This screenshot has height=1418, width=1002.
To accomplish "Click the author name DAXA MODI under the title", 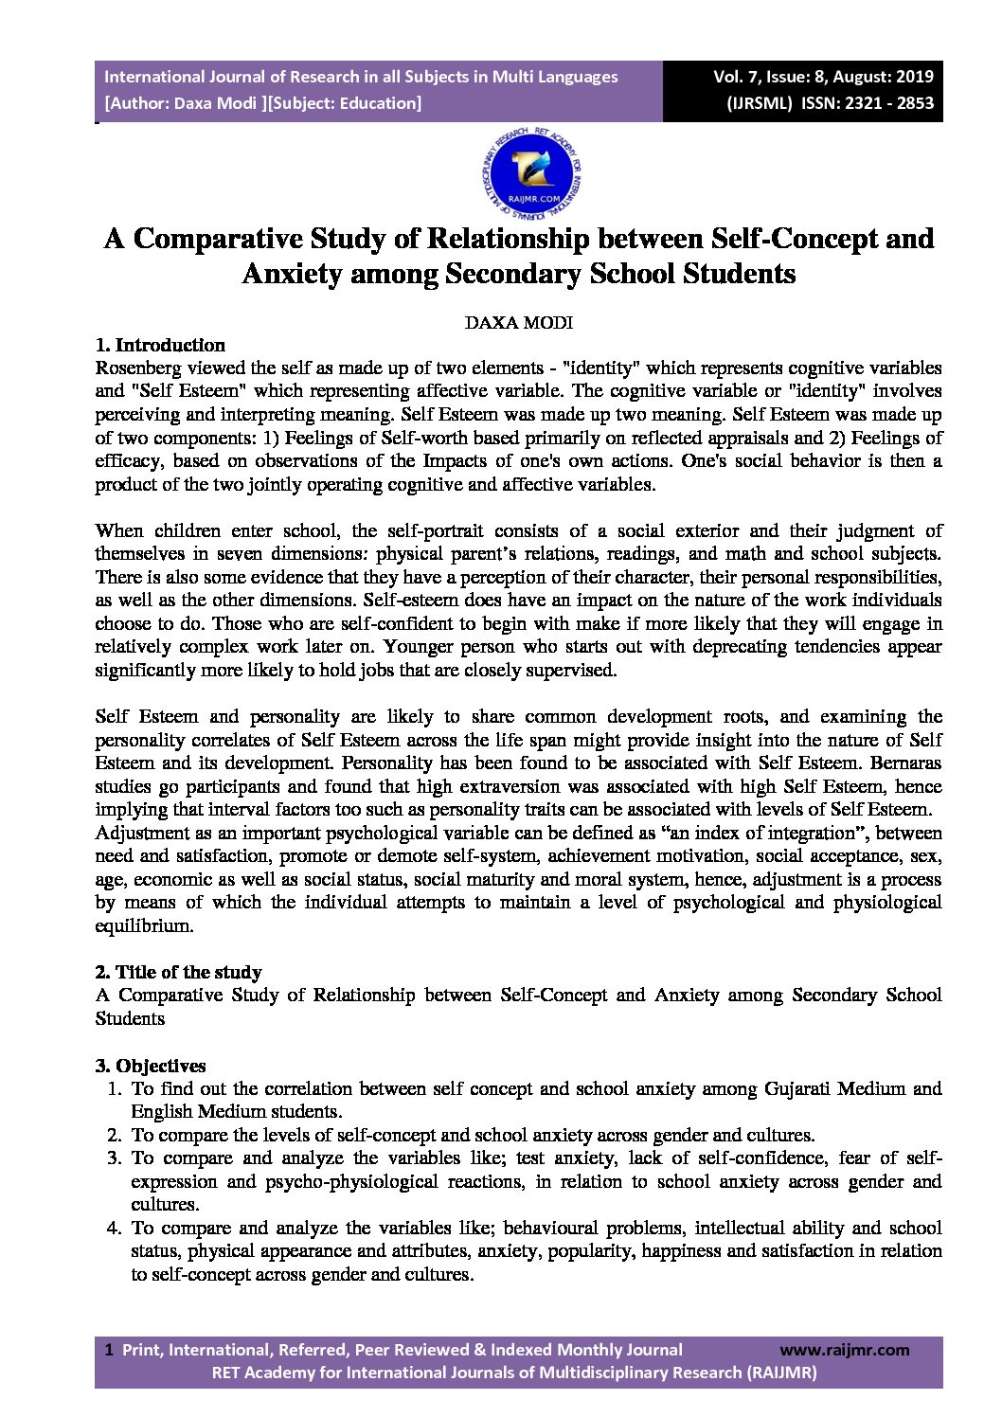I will [x=518, y=322].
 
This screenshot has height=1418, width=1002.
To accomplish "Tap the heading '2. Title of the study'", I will [x=178, y=972].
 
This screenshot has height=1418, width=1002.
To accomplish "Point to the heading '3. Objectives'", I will [x=151, y=1066].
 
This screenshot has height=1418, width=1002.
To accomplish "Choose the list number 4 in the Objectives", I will [x=114, y=1228].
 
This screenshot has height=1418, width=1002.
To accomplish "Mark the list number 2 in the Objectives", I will [x=114, y=1135].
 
